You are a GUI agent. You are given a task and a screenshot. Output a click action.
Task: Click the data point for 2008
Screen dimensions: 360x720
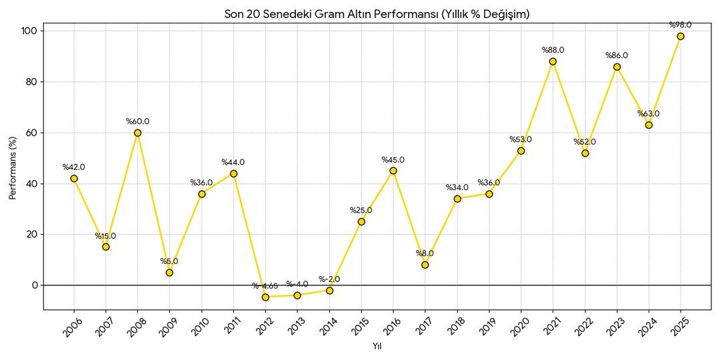click(137, 133)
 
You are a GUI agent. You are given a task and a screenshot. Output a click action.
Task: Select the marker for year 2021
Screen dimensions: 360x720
click(553, 61)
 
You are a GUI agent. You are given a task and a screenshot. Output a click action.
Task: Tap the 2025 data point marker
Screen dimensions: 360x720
click(681, 36)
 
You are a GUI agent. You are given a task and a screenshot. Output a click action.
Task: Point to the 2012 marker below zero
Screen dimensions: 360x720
click(265, 297)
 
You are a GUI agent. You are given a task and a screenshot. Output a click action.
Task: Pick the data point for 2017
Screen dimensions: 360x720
click(425, 265)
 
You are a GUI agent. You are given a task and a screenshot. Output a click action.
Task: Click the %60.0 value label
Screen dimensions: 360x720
click(137, 121)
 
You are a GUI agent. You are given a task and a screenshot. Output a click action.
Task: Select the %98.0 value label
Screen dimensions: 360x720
click(681, 25)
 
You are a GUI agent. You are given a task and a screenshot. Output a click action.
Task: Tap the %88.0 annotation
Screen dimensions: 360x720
click(553, 50)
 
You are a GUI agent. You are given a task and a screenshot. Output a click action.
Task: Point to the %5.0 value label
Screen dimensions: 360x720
click(169, 261)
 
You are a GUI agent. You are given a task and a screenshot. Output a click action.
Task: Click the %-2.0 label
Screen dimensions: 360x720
click(329, 279)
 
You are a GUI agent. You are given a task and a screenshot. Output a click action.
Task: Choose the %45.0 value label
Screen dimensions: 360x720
click(393, 160)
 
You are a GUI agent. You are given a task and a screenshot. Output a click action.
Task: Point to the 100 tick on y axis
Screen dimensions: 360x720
click(31, 31)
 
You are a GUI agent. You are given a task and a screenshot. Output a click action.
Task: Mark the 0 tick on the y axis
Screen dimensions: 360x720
click(36, 285)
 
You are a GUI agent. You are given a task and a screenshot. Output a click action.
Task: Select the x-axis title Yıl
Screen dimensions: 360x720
click(377, 346)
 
